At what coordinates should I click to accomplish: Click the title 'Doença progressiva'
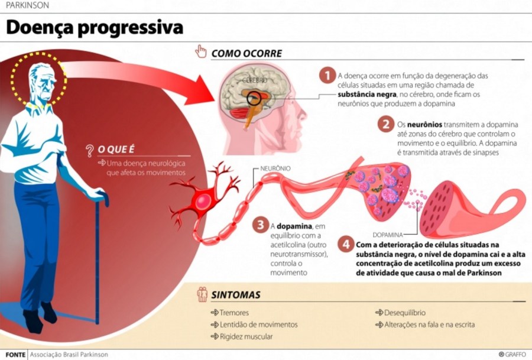pyautogui.click(x=95, y=27)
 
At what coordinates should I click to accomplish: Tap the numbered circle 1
pyautogui.click(x=326, y=76)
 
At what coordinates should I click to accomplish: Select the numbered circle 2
pyautogui.click(x=385, y=124)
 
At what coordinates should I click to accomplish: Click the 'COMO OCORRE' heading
pyautogui.click(x=246, y=53)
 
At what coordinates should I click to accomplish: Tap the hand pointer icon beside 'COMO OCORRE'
pyautogui.click(x=201, y=51)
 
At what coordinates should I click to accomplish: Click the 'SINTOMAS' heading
pyautogui.click(x=236, y=294)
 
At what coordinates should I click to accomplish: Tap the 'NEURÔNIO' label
pyautogui.click(x=275, y=168)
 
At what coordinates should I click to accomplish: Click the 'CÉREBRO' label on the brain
pyautogui.click(x=254, y=79)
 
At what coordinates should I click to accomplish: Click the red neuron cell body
pyautogui.click(x=203, y=201)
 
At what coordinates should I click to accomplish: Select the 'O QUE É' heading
pyautogui.click(x=116, y=150)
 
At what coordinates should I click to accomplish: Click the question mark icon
pyautogui.click(x=90, y=150)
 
